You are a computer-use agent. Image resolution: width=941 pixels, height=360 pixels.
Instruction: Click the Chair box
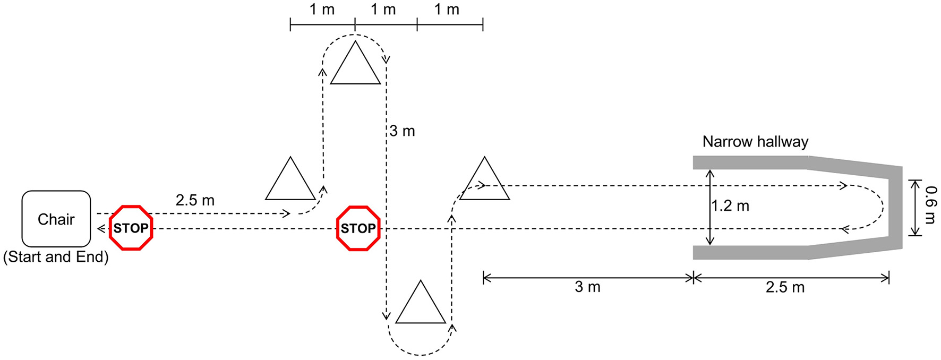56,219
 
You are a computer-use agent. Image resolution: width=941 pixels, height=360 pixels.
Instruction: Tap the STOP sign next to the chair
131,228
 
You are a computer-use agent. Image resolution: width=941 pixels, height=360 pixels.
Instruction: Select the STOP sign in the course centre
358,228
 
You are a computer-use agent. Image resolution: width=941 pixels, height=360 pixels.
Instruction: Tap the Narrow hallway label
755,142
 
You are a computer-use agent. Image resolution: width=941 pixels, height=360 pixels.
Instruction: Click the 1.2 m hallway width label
731,206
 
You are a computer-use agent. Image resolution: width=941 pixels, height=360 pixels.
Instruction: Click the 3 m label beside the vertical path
402,131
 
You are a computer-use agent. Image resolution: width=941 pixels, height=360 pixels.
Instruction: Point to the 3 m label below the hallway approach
587,287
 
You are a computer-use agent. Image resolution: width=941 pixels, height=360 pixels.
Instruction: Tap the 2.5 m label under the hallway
785,287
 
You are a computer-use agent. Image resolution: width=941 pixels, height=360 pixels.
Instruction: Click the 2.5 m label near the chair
195,200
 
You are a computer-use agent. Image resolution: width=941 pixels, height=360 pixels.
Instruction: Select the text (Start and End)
56,257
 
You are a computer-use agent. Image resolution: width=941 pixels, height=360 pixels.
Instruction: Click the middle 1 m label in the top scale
383,10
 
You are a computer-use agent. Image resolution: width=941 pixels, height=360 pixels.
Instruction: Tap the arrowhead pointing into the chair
101,229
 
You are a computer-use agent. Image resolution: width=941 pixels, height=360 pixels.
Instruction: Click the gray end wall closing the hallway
895,207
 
